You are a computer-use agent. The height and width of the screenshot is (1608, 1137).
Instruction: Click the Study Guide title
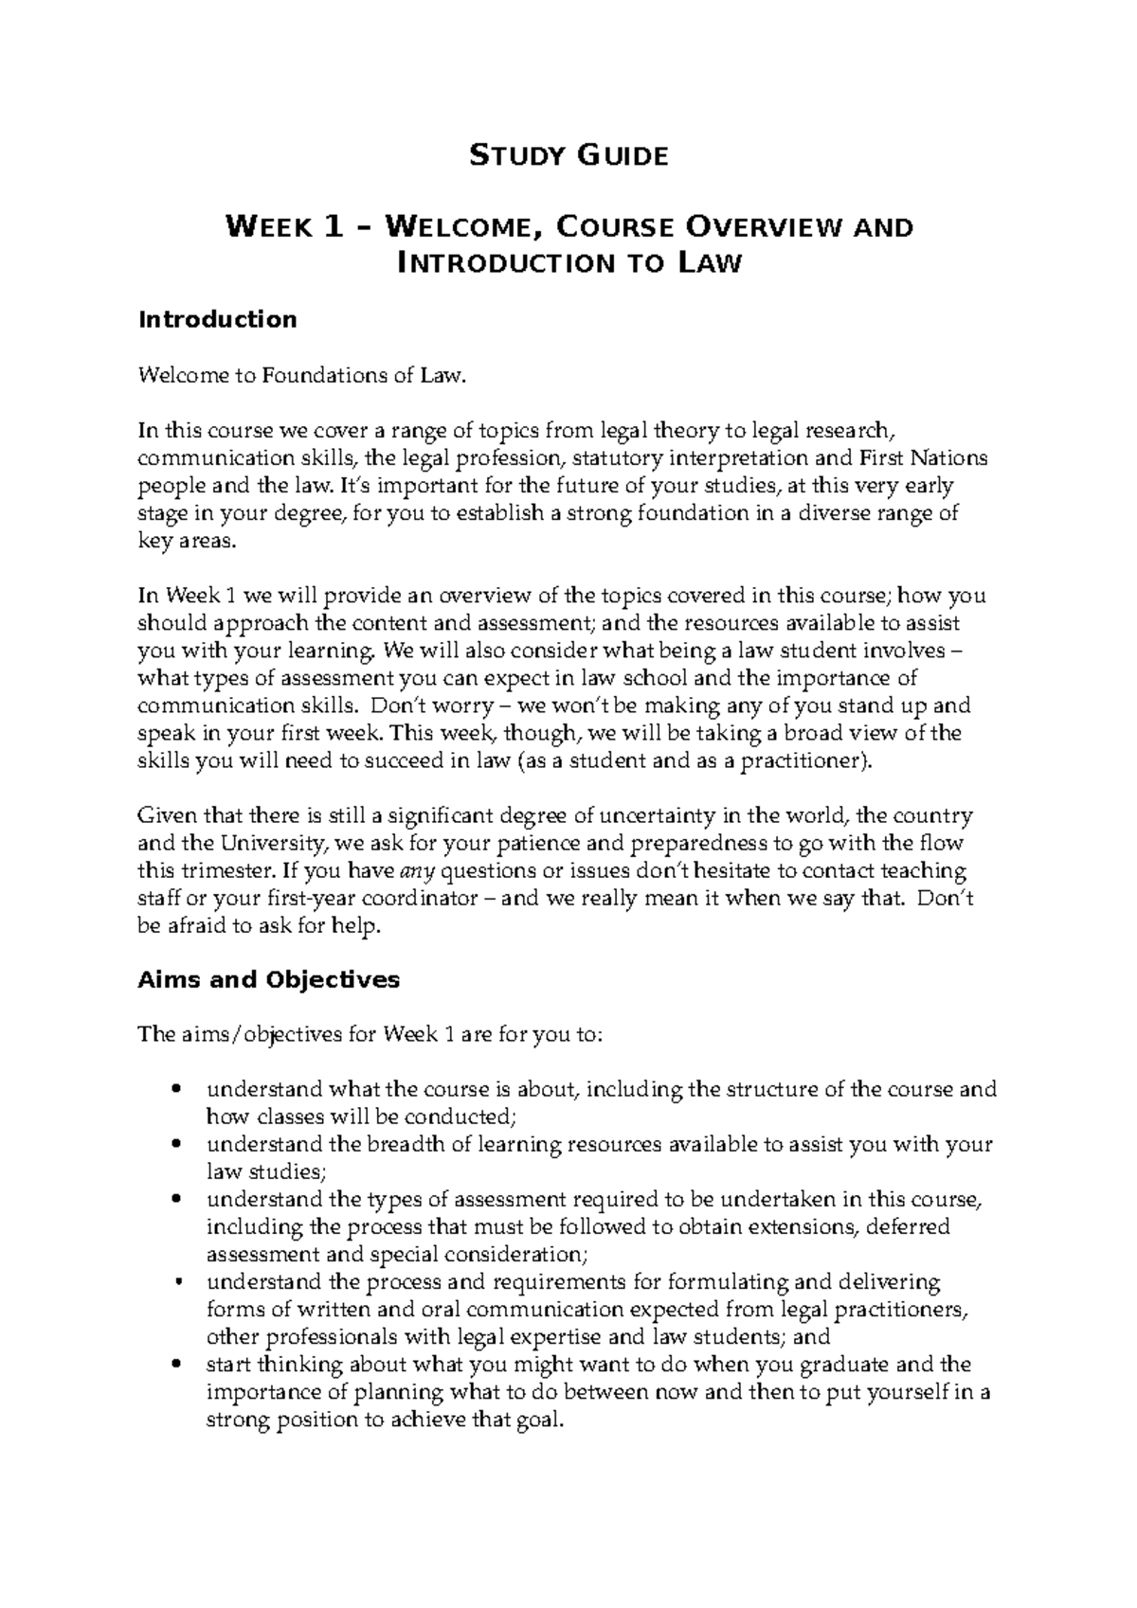(x=568, y=154)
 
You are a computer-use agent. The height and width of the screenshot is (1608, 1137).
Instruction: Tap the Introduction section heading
(x=217, y=319)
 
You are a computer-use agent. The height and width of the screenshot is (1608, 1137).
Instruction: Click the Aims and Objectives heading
(x=268, y=979)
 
